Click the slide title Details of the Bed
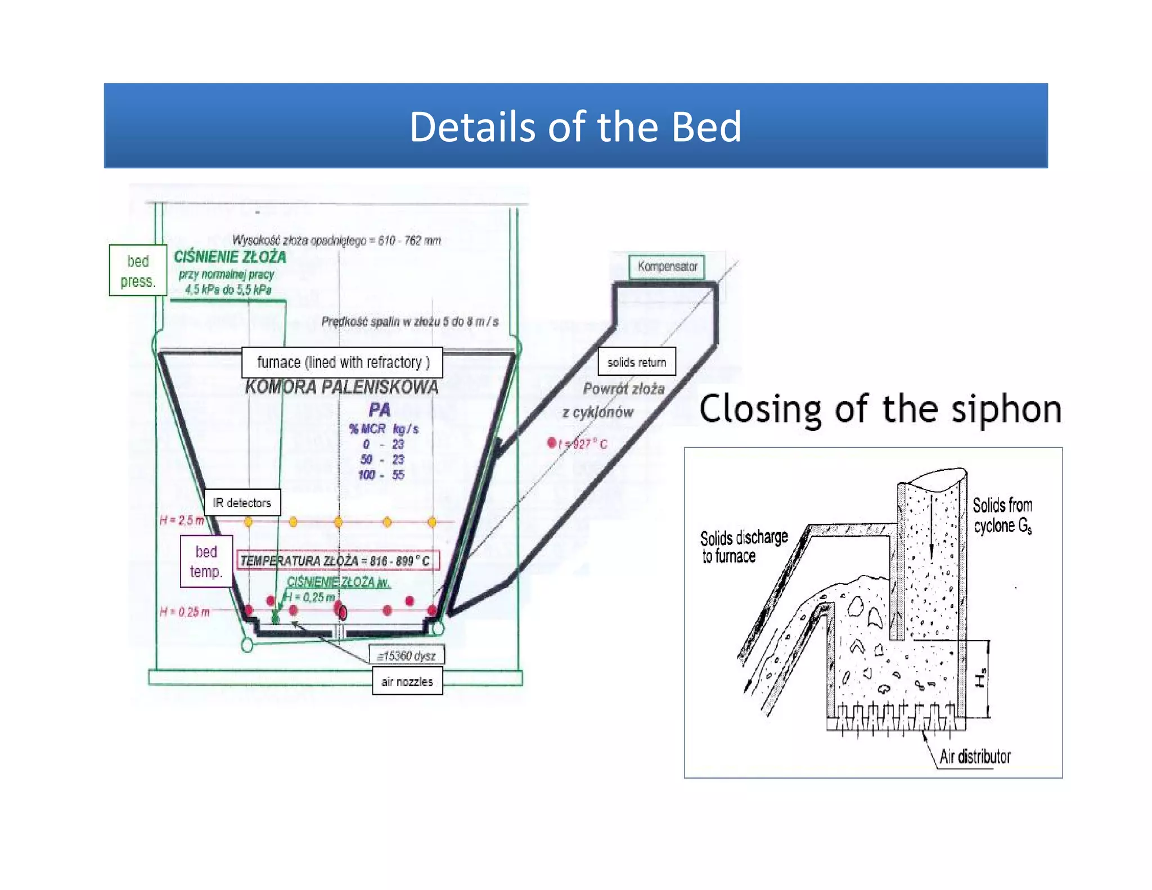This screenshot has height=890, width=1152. [575, 127]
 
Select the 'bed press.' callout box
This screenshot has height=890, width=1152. [138, 271]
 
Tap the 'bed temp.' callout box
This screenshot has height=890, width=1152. [206, 561]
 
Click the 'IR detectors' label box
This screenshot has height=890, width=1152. [242, 502]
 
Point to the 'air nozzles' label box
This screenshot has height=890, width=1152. [407, 681]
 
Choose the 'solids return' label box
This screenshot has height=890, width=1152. [636, 362]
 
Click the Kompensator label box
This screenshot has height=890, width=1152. [667, 266]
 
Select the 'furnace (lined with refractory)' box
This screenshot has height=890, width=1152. [342, 362]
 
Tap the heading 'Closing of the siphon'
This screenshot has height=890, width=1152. [880, 409]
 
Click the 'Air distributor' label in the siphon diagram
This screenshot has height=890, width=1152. [975, 757]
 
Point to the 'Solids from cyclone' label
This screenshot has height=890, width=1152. [1003, 515]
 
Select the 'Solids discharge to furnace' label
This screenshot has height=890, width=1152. [743, 547]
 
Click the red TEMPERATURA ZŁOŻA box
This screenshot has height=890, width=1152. [337, 560]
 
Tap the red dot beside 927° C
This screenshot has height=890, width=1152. [552, 443]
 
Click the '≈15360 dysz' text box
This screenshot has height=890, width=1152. [407, 655]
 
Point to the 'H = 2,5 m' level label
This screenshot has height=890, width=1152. [182, 520]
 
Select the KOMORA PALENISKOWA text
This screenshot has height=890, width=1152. [341, 387]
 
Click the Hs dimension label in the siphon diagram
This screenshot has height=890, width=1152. [980, 678]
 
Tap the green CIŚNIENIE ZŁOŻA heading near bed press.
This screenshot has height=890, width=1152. [230, 257]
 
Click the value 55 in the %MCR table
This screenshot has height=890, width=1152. [398, 475]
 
